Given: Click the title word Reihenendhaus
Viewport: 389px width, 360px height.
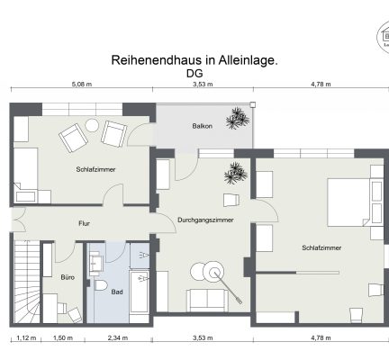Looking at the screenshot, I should point(149,60).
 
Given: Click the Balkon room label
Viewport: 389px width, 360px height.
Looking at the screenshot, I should point(201,127).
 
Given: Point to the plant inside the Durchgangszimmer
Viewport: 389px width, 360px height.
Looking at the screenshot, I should point(237,170).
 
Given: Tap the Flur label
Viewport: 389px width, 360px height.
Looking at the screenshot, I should point(84,222).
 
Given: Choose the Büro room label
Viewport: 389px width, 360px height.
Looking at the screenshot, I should point(67,278).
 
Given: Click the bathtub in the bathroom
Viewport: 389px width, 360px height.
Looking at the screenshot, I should point(140,293).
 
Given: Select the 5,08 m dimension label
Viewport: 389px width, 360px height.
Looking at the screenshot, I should point(82,85).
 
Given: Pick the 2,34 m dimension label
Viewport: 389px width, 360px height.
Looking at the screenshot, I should point(117,338).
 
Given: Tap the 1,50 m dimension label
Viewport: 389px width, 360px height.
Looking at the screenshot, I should point(62,338).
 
